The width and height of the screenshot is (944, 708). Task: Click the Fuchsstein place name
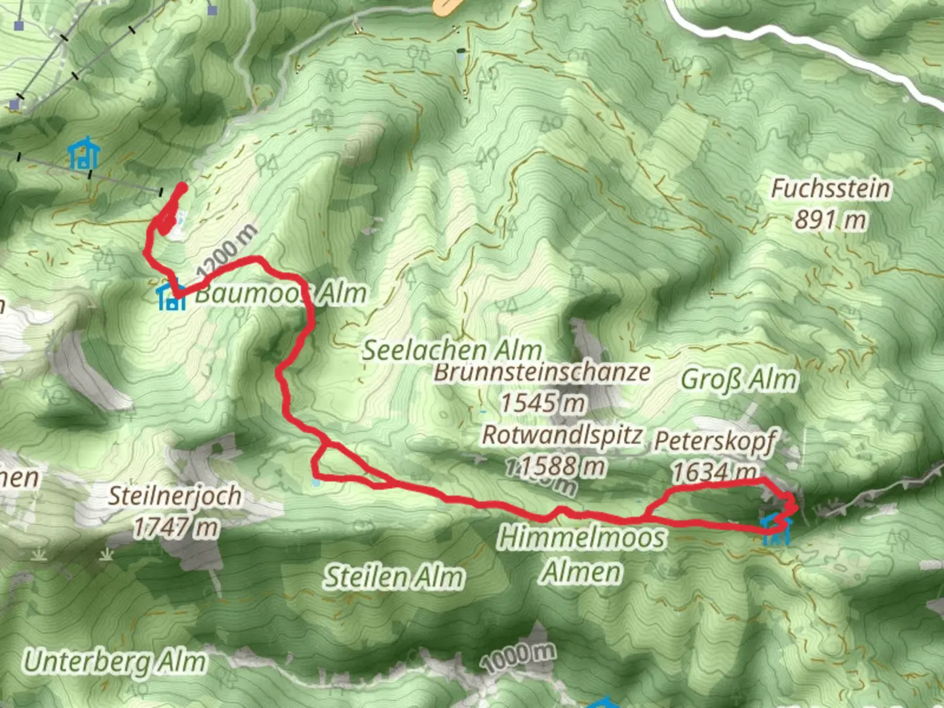[830, 188]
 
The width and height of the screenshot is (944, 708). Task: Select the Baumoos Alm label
[281, 293]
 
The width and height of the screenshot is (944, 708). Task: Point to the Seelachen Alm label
[452, 349]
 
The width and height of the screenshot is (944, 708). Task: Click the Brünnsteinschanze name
[542, 372]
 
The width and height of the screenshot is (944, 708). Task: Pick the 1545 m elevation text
[542, 402]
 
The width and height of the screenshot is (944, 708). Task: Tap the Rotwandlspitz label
[562, 435]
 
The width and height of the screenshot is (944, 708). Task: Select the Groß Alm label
[739, 379]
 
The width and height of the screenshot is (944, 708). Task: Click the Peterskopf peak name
[715, 441]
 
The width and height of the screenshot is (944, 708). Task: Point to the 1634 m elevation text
[715, 471]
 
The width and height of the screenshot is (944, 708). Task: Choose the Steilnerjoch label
[175, 496]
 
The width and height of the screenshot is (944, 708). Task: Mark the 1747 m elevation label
[175, 526]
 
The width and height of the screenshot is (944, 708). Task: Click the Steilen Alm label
[394, 577]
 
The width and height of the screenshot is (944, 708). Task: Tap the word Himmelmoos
[581, 538]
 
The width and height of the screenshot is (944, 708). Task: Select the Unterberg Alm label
[115, 661]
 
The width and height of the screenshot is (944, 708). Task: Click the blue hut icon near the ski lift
[85, 155]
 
